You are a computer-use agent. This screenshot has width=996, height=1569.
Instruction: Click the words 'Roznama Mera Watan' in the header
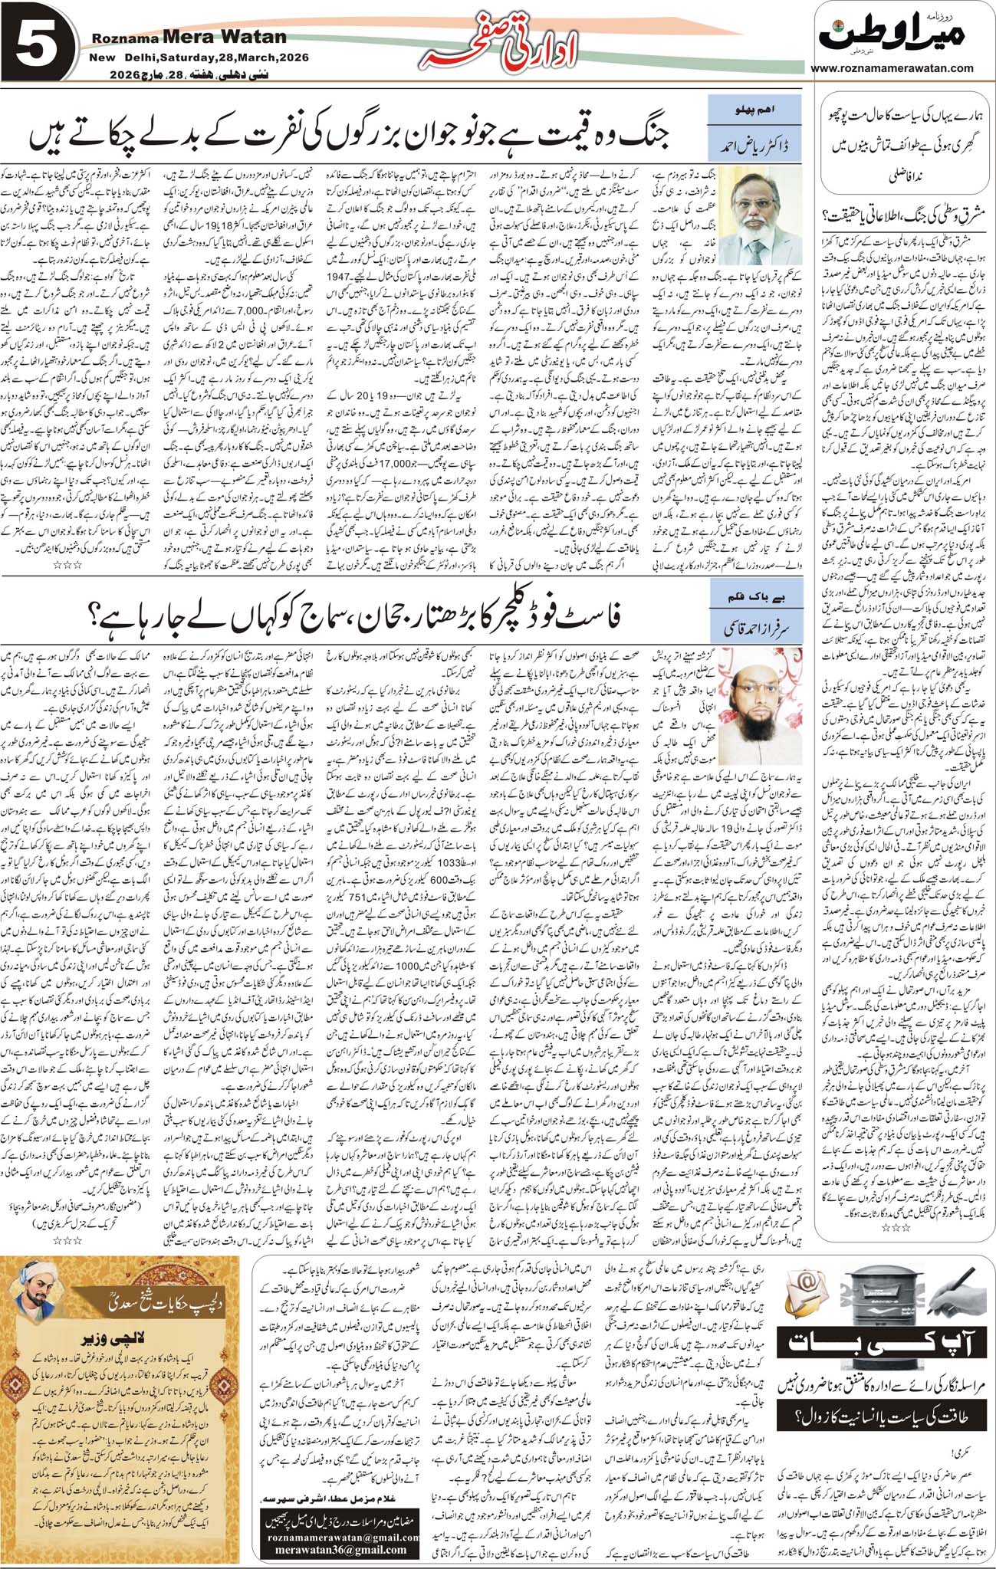coord(189,37)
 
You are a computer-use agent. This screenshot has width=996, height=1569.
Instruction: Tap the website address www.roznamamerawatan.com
coord(892,67)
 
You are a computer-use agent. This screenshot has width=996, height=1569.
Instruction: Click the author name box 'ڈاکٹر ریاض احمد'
coord(754,143)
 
